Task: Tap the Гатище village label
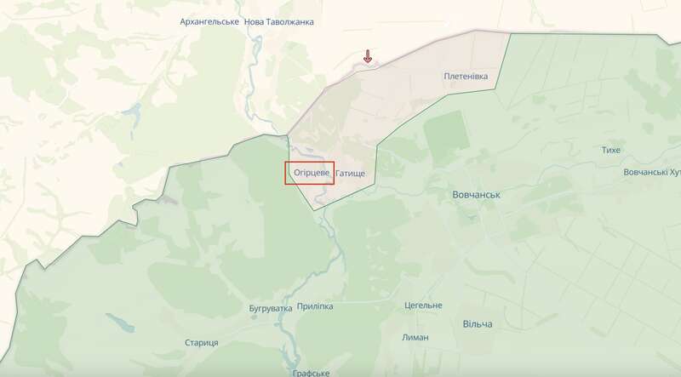(350, 174)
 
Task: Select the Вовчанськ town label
(475, 195)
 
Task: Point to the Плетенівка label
(466, 76)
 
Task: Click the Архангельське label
(209, 21)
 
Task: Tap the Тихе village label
(610, 150)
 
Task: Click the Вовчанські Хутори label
(652, 172)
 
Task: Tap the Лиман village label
(415, 337)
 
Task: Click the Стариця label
(202, 341)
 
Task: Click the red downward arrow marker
(368, 57)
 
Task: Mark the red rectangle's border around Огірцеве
(284, 173)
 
